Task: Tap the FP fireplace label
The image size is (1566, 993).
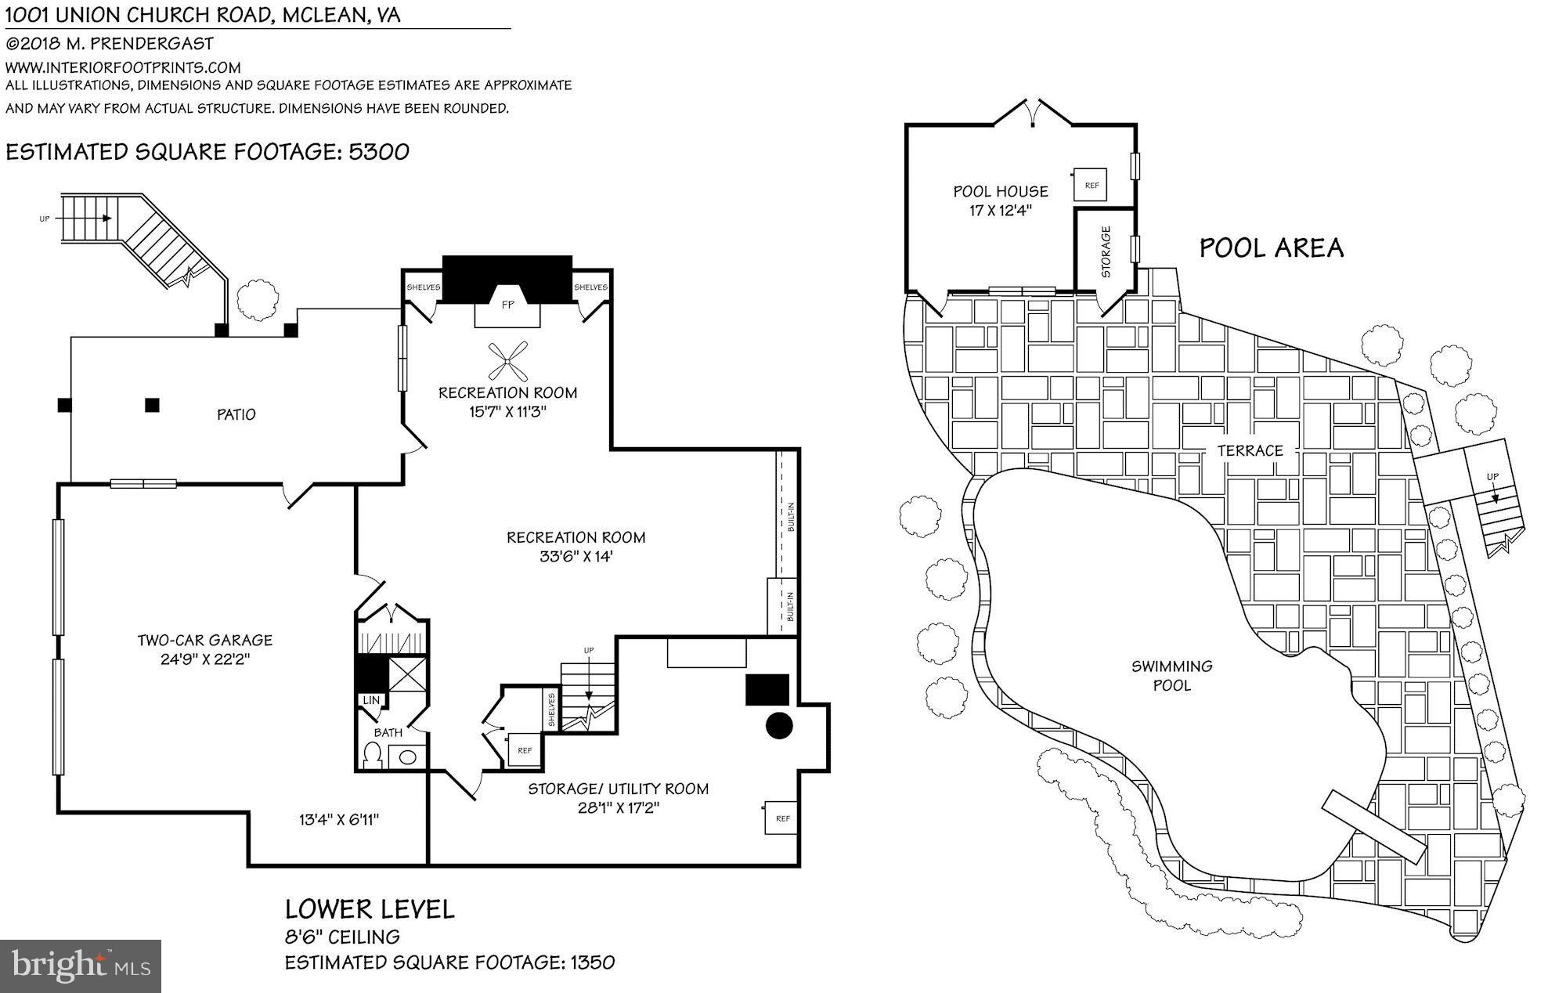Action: click(x=507, y=305)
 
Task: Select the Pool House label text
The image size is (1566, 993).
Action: click(x=1000, y=192)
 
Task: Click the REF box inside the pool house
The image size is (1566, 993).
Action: click(x=1092, y=186)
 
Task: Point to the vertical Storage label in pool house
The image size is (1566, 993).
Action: click(x=1106, y=252)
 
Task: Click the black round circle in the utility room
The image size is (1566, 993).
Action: click(x=778, y=725)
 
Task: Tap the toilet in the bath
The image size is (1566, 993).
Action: click(x=373, y=755)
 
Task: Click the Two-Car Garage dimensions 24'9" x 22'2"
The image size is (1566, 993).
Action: click(x=205, y=659)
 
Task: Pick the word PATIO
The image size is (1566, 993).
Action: click(x=236, y=414)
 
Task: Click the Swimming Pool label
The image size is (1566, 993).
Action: click(x=1171, y=675)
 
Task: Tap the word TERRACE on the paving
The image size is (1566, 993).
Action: click(x=1250, y=451)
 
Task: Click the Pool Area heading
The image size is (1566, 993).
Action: click(x=1272, y=248)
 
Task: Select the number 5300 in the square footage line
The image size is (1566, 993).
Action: click(x=379, y=152)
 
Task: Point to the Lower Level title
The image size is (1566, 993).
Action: click(x=370, y=909)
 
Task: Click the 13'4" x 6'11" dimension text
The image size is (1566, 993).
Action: click(x=339, y=820)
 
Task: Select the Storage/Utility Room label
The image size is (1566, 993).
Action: click(x=618, y=789)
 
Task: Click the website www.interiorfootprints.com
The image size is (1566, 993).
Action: click(x=123, y=67)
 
